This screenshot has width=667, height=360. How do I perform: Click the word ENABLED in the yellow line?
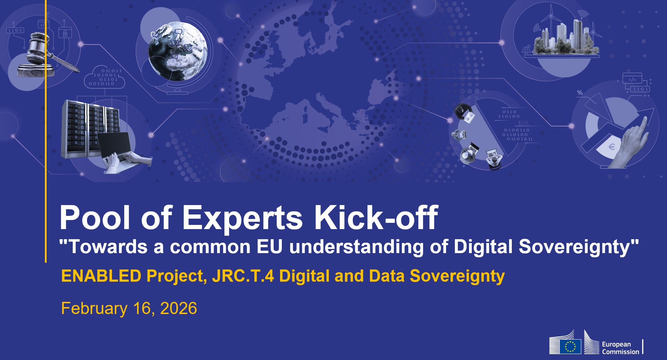coord(101,276)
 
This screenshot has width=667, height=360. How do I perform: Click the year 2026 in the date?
coord(178,308)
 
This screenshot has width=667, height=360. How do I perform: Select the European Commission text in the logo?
coord(620,348)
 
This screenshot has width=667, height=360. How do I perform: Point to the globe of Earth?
coord(177,51)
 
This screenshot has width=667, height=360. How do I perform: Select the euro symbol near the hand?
coord(611,147)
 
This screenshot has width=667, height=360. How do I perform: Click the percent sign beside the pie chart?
coord(580,93)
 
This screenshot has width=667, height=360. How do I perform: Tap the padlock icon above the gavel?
coord(65,33)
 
